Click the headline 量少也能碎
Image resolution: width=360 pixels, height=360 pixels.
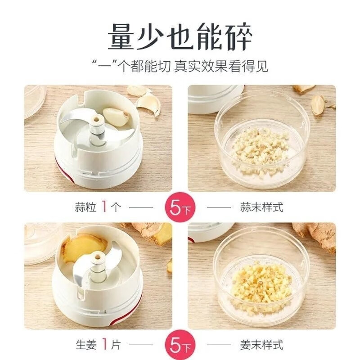[180, 37]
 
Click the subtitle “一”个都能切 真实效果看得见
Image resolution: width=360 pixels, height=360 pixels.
[180, 66]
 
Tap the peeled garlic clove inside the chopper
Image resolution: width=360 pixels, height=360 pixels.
[116, 117]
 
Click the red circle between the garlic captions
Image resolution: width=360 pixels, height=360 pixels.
[180, 207]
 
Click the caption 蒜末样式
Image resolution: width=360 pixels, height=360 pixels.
[262, 207]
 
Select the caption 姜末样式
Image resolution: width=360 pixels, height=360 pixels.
[262, 345]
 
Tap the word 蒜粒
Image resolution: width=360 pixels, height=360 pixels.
[85, 207]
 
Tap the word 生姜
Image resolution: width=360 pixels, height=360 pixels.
[86, 345]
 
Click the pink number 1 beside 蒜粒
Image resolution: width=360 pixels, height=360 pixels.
[104, 207]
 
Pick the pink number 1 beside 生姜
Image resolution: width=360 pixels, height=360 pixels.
[105, 344]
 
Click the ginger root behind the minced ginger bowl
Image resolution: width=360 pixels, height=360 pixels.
[316, 237]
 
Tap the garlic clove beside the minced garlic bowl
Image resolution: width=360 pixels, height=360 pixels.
[318, 104]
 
